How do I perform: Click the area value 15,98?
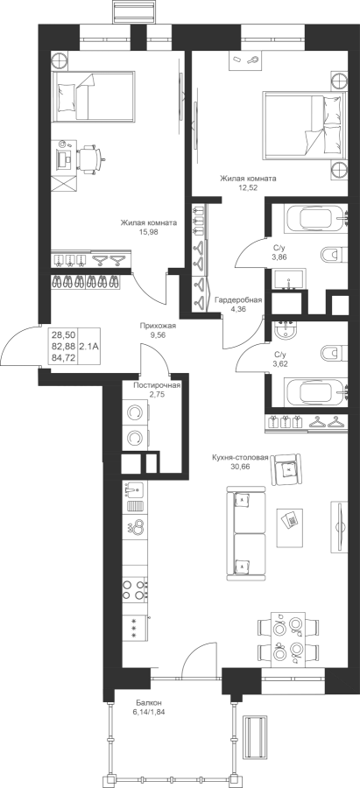coord(148,232)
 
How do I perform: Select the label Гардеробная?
coord(238,300)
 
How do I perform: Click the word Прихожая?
coord(158,326)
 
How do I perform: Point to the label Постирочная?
coord(157,385)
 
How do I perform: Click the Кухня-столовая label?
coord(240,457)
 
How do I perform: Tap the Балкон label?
coord(148,702)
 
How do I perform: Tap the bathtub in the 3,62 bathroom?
coord(316,392)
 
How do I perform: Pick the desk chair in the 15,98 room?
coord(90,158)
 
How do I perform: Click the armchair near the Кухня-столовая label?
coord(286,469)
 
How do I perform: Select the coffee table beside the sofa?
coord(290,527)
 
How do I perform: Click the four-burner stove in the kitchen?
coord(135,589)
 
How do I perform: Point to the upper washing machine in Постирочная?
coord(135,413)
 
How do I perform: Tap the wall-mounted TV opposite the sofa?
coord(339,527)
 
